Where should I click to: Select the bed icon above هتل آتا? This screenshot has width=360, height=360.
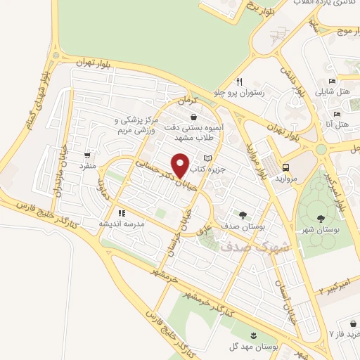click(x=337, y=114)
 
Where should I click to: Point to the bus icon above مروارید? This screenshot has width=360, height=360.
click(x=286, y=167)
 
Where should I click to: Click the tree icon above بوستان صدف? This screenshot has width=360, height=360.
click(x=243, y=216)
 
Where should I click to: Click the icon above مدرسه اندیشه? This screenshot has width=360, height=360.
click(x=122, y=212)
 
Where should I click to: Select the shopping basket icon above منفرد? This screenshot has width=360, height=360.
click(x=86, y=155)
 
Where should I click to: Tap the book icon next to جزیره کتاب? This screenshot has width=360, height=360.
click(x=207, y=157)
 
